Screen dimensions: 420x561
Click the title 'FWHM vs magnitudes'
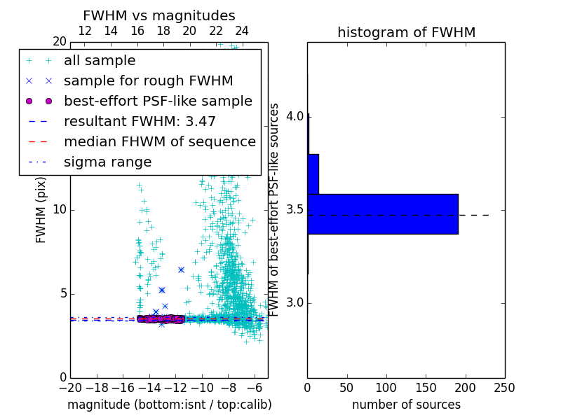coord(159,15)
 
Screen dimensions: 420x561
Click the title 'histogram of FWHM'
coord(406,32)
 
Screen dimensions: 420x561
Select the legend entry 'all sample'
coord(100,61)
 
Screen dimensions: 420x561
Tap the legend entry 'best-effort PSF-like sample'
coord(158,101)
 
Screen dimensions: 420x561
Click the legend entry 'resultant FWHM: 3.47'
coord(140,121)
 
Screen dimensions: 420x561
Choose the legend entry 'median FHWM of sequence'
coord(159,141)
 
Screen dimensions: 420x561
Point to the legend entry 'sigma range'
coord(107,162)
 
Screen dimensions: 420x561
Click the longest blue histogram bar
coord(382,213)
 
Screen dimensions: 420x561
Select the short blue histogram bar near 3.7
coord(313,174)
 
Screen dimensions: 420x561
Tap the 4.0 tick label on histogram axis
coord(295,115)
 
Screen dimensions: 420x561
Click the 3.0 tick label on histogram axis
coord(295,302)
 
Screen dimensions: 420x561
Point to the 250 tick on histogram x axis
coord(504,386)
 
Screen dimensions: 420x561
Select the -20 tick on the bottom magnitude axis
coord(70,386)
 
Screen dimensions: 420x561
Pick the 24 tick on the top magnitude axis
coord(242,31)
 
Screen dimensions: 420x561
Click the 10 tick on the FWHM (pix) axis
coord(59,210)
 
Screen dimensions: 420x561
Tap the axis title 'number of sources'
coord(406,405)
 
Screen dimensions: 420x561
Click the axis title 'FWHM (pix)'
coord(41,210)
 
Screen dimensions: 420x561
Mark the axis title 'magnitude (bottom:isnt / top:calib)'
coord(169,405)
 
